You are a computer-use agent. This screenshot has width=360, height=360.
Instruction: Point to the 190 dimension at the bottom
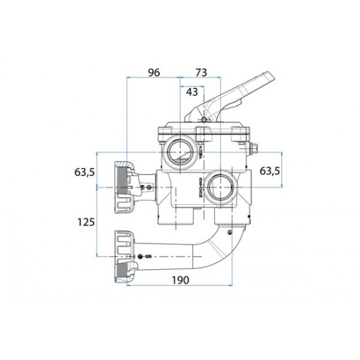point(181,280)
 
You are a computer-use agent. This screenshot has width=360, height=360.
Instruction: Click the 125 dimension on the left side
point(86,221)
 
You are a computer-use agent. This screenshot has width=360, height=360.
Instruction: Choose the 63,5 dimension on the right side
point(271,171)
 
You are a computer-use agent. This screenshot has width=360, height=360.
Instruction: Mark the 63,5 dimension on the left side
point(85,172)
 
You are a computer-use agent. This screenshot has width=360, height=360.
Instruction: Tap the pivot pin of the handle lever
point(205,120)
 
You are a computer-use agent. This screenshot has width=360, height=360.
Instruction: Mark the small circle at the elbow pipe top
point(230,231)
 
